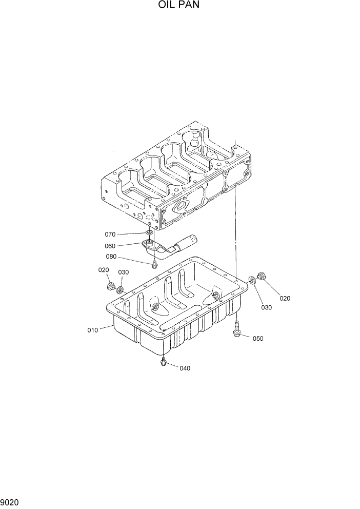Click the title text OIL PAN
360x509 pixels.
tap(179, 6)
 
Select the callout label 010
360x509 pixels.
tap(92, 330)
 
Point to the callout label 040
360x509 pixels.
tap(185, 368)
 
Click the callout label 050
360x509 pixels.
tap(257, 338)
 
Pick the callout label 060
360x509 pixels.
tap(124, 246)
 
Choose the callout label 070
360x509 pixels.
tap(124, 234)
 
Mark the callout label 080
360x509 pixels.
tap(125, 257)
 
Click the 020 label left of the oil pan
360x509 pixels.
tap(104, 270)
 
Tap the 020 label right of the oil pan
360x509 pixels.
tap(284, 298)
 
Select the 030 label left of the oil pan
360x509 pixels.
tap(124, 272)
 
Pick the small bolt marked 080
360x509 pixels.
tap(154, 264)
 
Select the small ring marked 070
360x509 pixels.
tap(149, 233)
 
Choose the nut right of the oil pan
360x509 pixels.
tap(261, 276)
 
